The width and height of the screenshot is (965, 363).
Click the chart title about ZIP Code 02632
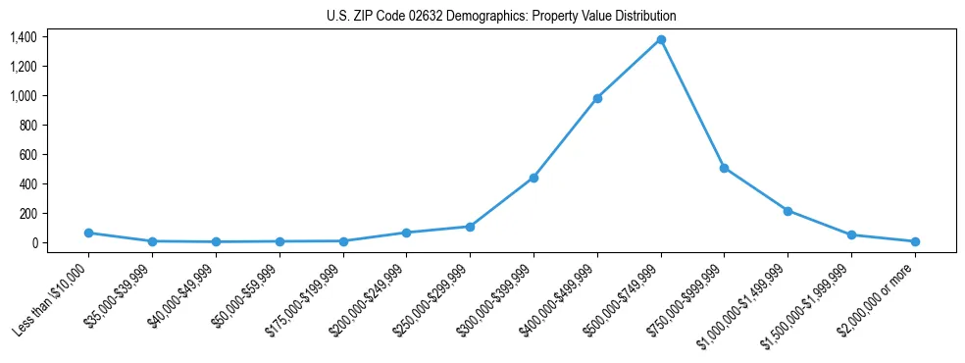coord(501,17)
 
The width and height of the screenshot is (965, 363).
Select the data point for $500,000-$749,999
coord(661,40)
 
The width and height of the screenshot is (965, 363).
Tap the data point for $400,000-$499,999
coord(597,98)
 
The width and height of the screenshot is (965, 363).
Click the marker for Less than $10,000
coord(88,233)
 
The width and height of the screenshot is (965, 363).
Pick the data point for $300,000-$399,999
coord(533,178)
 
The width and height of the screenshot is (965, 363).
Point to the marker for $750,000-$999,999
coord(724,168)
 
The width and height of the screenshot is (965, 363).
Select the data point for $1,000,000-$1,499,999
coord(787,211)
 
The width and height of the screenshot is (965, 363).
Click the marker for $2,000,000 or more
coord(915,241)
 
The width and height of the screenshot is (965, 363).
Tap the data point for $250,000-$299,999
coord(470,227)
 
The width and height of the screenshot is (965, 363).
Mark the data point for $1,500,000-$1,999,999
coord(851,234)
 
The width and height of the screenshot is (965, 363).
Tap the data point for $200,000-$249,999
coord(406,233)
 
